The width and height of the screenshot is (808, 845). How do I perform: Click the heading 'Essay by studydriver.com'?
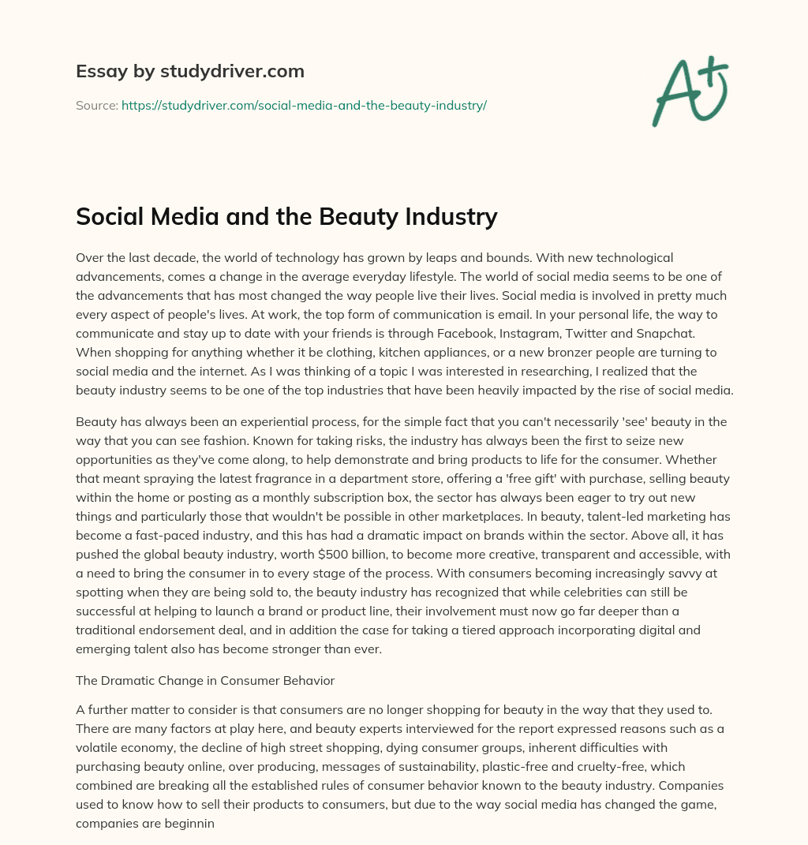(x=189, y=72)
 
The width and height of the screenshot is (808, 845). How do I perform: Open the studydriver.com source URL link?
(x=304, y=105)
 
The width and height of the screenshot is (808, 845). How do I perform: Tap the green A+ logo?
(x=689, y=89)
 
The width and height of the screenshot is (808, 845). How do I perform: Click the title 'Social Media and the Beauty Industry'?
(x=286, y=216)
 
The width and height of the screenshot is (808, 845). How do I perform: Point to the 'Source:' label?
(x=96, y=105)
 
